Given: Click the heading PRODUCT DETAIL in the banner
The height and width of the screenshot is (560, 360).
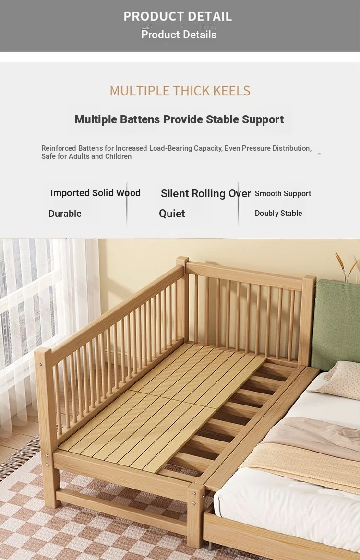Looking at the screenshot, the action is (178, 16).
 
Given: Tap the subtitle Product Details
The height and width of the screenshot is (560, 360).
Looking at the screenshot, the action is (179, 35).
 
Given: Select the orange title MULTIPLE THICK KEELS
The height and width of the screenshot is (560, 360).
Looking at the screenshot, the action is (180, 91).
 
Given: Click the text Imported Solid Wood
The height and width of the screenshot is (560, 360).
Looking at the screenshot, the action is (96, 193).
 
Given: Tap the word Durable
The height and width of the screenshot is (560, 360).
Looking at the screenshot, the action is (65, 214).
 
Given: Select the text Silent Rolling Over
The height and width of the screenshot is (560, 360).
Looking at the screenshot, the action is (206, 193).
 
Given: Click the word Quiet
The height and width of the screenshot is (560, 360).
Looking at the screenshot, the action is (172, 214).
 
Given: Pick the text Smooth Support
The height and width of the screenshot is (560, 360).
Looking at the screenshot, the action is (283, 193).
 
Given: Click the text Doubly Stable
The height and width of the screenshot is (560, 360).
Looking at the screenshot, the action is (278, 213).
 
